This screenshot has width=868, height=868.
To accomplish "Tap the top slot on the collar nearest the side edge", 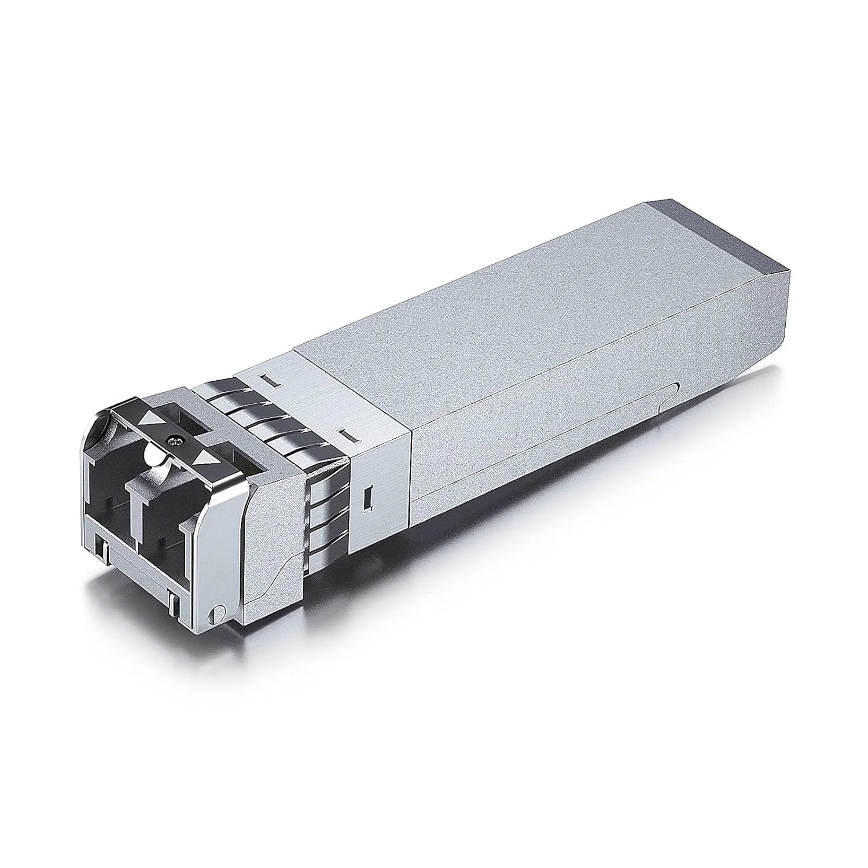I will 348,432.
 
